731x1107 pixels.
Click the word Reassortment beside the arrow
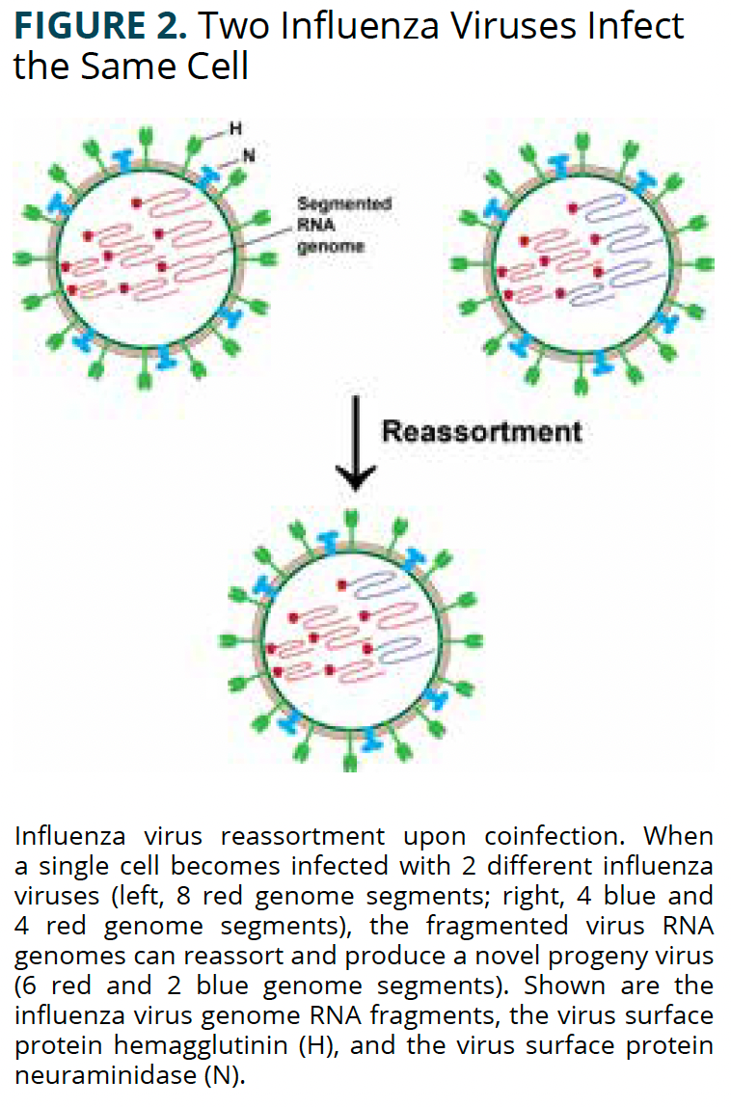[481, 430]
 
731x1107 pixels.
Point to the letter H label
[234, 127]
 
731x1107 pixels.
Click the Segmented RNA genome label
[330, 225]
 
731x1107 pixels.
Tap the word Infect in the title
[637, 26]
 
